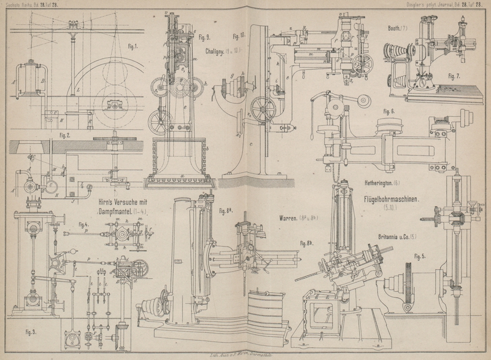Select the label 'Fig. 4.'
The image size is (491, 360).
tap(84, 224)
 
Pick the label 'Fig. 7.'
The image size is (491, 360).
tap(454, 76)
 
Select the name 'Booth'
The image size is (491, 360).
tap(395, 28)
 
